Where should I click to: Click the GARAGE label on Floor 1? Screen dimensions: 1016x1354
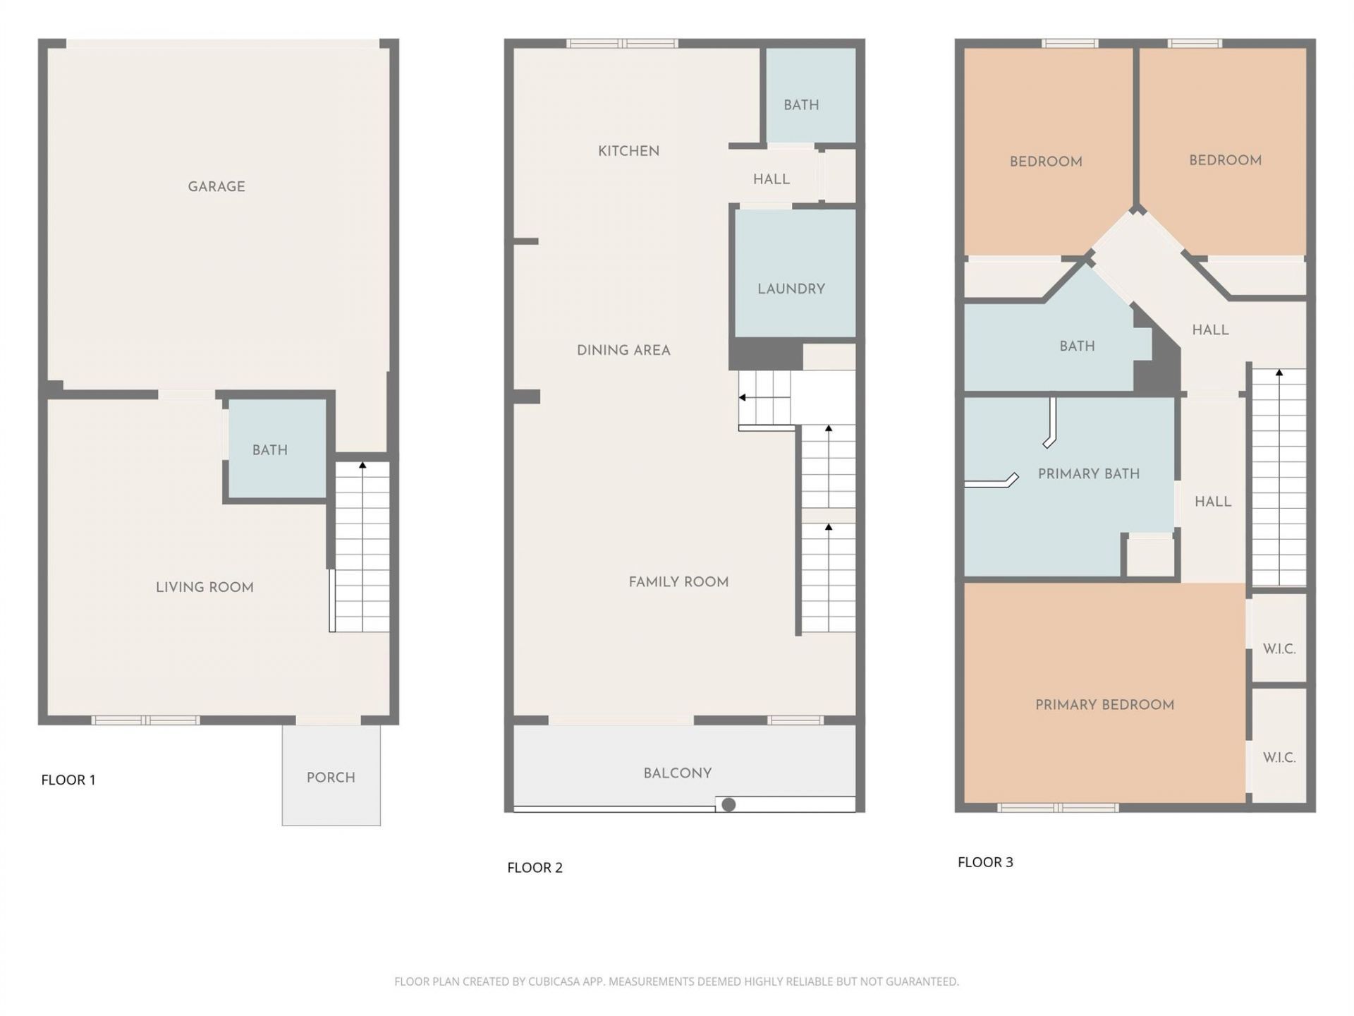[x=216, y=187]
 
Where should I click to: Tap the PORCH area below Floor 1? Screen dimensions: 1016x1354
[x=331, y=778]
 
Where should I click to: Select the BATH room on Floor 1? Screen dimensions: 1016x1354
[x=270, y=450]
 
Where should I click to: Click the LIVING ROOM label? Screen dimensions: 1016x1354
[x=205, y=587]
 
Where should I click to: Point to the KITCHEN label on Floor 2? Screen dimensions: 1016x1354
[x=628, y=151]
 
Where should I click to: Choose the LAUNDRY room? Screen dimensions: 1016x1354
[x=791, y=289]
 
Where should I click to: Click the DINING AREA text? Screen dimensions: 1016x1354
[x=623, y=350]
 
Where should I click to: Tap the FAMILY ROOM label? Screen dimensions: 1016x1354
[x=678, y=582]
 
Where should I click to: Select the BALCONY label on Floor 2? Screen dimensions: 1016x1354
[x=677, y=773]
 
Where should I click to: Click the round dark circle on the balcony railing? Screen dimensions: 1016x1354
[x=729, y=804]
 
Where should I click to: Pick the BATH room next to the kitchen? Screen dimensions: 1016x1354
[x=802, y=105]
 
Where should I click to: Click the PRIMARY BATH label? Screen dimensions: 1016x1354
[x=1088, y=474]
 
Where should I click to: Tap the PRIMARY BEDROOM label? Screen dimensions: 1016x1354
[x=1104, y=705]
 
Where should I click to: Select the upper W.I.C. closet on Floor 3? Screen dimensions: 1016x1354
[x=1279, y=649]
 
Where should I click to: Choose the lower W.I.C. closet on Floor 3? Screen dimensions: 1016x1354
[x=1279, y=758]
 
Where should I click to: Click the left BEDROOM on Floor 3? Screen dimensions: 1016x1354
[x=1046, y=162]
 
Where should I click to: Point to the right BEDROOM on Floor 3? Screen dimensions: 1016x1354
[x=1225, y=160]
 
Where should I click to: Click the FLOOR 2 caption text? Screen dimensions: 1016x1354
[x=535, y=868]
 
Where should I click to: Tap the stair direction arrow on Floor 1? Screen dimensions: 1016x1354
[x=362, y=466]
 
